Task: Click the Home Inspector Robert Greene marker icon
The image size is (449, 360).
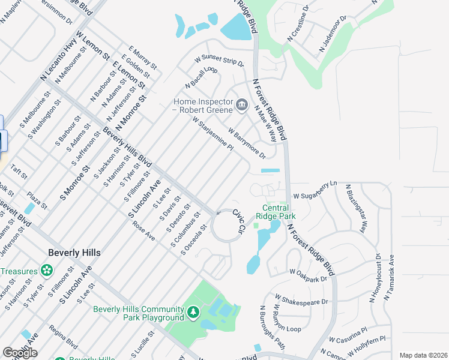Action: [241, 106]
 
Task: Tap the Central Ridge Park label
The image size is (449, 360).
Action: [276, 212]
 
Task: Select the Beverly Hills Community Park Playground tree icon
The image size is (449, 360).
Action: [193, 312]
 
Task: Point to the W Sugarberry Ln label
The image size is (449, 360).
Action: [316, 190]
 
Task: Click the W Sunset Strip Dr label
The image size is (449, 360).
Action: [219, 61]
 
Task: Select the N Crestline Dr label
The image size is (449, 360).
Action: [298, 23]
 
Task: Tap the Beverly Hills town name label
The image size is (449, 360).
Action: [75, 253]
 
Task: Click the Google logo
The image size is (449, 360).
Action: [20, 353]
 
